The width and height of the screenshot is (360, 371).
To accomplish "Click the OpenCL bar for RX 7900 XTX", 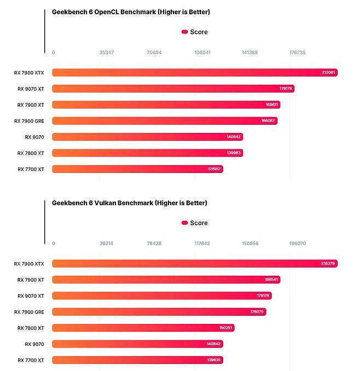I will [194, 72].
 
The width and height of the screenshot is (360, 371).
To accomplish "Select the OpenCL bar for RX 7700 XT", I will [137, 169].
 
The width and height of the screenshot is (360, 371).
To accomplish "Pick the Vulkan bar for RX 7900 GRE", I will [159, 312].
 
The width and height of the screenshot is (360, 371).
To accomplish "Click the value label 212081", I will [329, 73].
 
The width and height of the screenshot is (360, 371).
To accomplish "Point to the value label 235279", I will [329, 264].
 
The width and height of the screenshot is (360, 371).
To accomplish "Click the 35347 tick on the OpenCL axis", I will [107, 53].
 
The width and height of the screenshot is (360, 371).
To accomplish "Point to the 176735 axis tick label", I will [297, 53].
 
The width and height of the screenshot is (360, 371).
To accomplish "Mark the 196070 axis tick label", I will [298, 244].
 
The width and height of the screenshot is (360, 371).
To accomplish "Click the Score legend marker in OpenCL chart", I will [184, 32].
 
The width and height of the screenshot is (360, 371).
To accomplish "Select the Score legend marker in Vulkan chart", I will [184, 223].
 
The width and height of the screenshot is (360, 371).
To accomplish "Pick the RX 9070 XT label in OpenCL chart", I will [31, 89].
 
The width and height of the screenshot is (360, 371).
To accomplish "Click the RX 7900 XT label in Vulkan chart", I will [31, 280].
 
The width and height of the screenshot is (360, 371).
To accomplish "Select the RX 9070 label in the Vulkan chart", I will [34, 344].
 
